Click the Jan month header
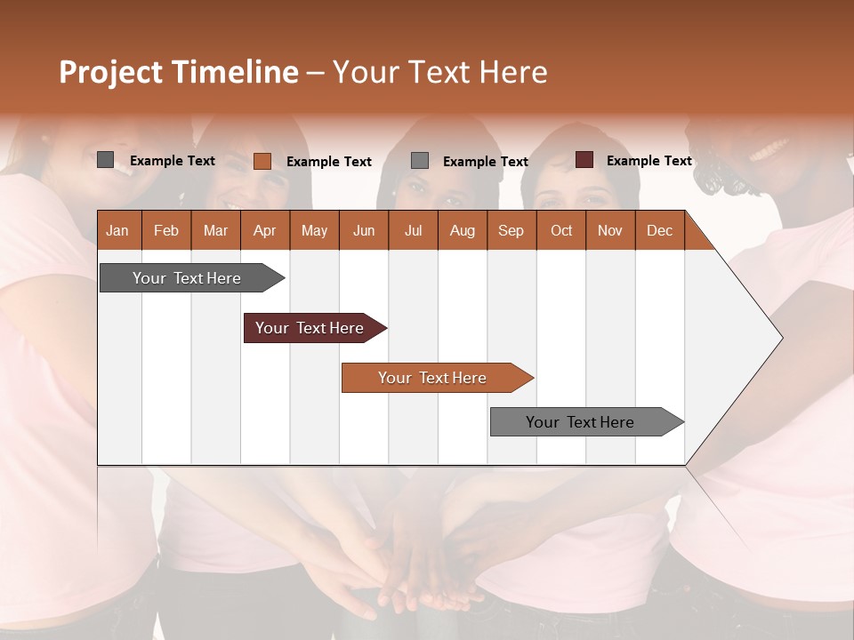tap(118, 230)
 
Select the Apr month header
tap(265, 230)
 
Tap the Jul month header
tap(413, 230)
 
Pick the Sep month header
tap(512, 230)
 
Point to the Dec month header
tap(659, 230)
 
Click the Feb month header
tap(166, 230)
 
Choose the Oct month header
tap(561, 230)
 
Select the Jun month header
tap(364, 230)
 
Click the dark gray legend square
tap(106, 160)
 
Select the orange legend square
tap(262, 161)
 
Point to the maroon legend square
tap(584, 160)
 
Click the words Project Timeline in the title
tap(178, 72)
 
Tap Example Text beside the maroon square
tap(649, 161)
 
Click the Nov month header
tap(610, 230)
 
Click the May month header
tap(314, 230)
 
